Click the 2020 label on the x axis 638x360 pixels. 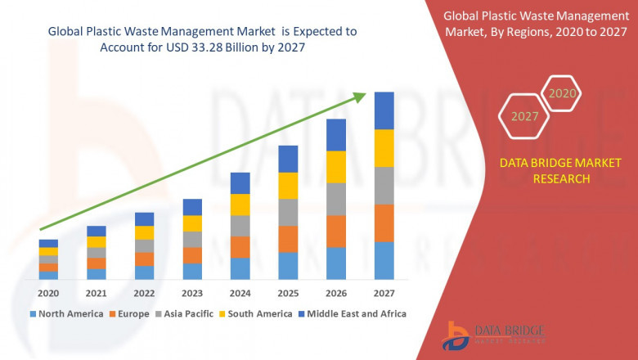(x=48, y=293)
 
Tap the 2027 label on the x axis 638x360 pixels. (x=384, y=293)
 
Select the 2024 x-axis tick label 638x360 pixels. (x=240, y=293)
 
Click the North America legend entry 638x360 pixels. (x=67, y=313)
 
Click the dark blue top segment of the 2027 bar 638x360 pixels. (x=384, y=110)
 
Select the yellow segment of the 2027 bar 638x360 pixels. (x=384, y=148)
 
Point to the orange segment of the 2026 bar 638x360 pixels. (x=336, y=232)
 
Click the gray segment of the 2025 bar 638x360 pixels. (x=288, y=212)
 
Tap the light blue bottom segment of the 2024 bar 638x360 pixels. (x=240, y=269)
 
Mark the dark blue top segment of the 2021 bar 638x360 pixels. (x=97, y=231)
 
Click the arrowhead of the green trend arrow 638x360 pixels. (x=359, y=97)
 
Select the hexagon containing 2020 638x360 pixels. (x=561, y=93)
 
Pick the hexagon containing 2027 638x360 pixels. (x=524, y=116)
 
